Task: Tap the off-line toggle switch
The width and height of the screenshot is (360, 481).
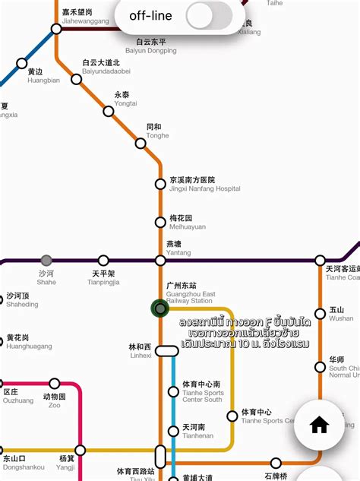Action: tap(209, 15)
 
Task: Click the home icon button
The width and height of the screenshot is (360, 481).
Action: tap(319, 425)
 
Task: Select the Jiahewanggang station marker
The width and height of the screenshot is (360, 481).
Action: tap(56, 30)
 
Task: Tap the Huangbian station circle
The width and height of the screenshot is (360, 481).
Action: tap(22, 64)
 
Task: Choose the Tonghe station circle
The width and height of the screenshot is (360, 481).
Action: tap(141, 143)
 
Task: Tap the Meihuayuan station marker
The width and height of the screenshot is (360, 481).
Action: tap(160, 223)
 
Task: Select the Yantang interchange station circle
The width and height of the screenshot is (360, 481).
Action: tap(160, 261)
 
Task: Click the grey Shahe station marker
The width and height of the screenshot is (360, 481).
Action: tap(46, 261)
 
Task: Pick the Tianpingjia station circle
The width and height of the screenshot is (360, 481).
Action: tap(103, 261)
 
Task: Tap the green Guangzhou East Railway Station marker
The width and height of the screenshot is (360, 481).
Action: tap(159, 308)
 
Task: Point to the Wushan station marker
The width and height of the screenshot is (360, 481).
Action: tap(321, 312)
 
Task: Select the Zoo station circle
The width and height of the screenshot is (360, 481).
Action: tap(55, 384)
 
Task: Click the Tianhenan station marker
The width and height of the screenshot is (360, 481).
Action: tap(173, 431)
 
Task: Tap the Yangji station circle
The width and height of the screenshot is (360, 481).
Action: tap(81, 450)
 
